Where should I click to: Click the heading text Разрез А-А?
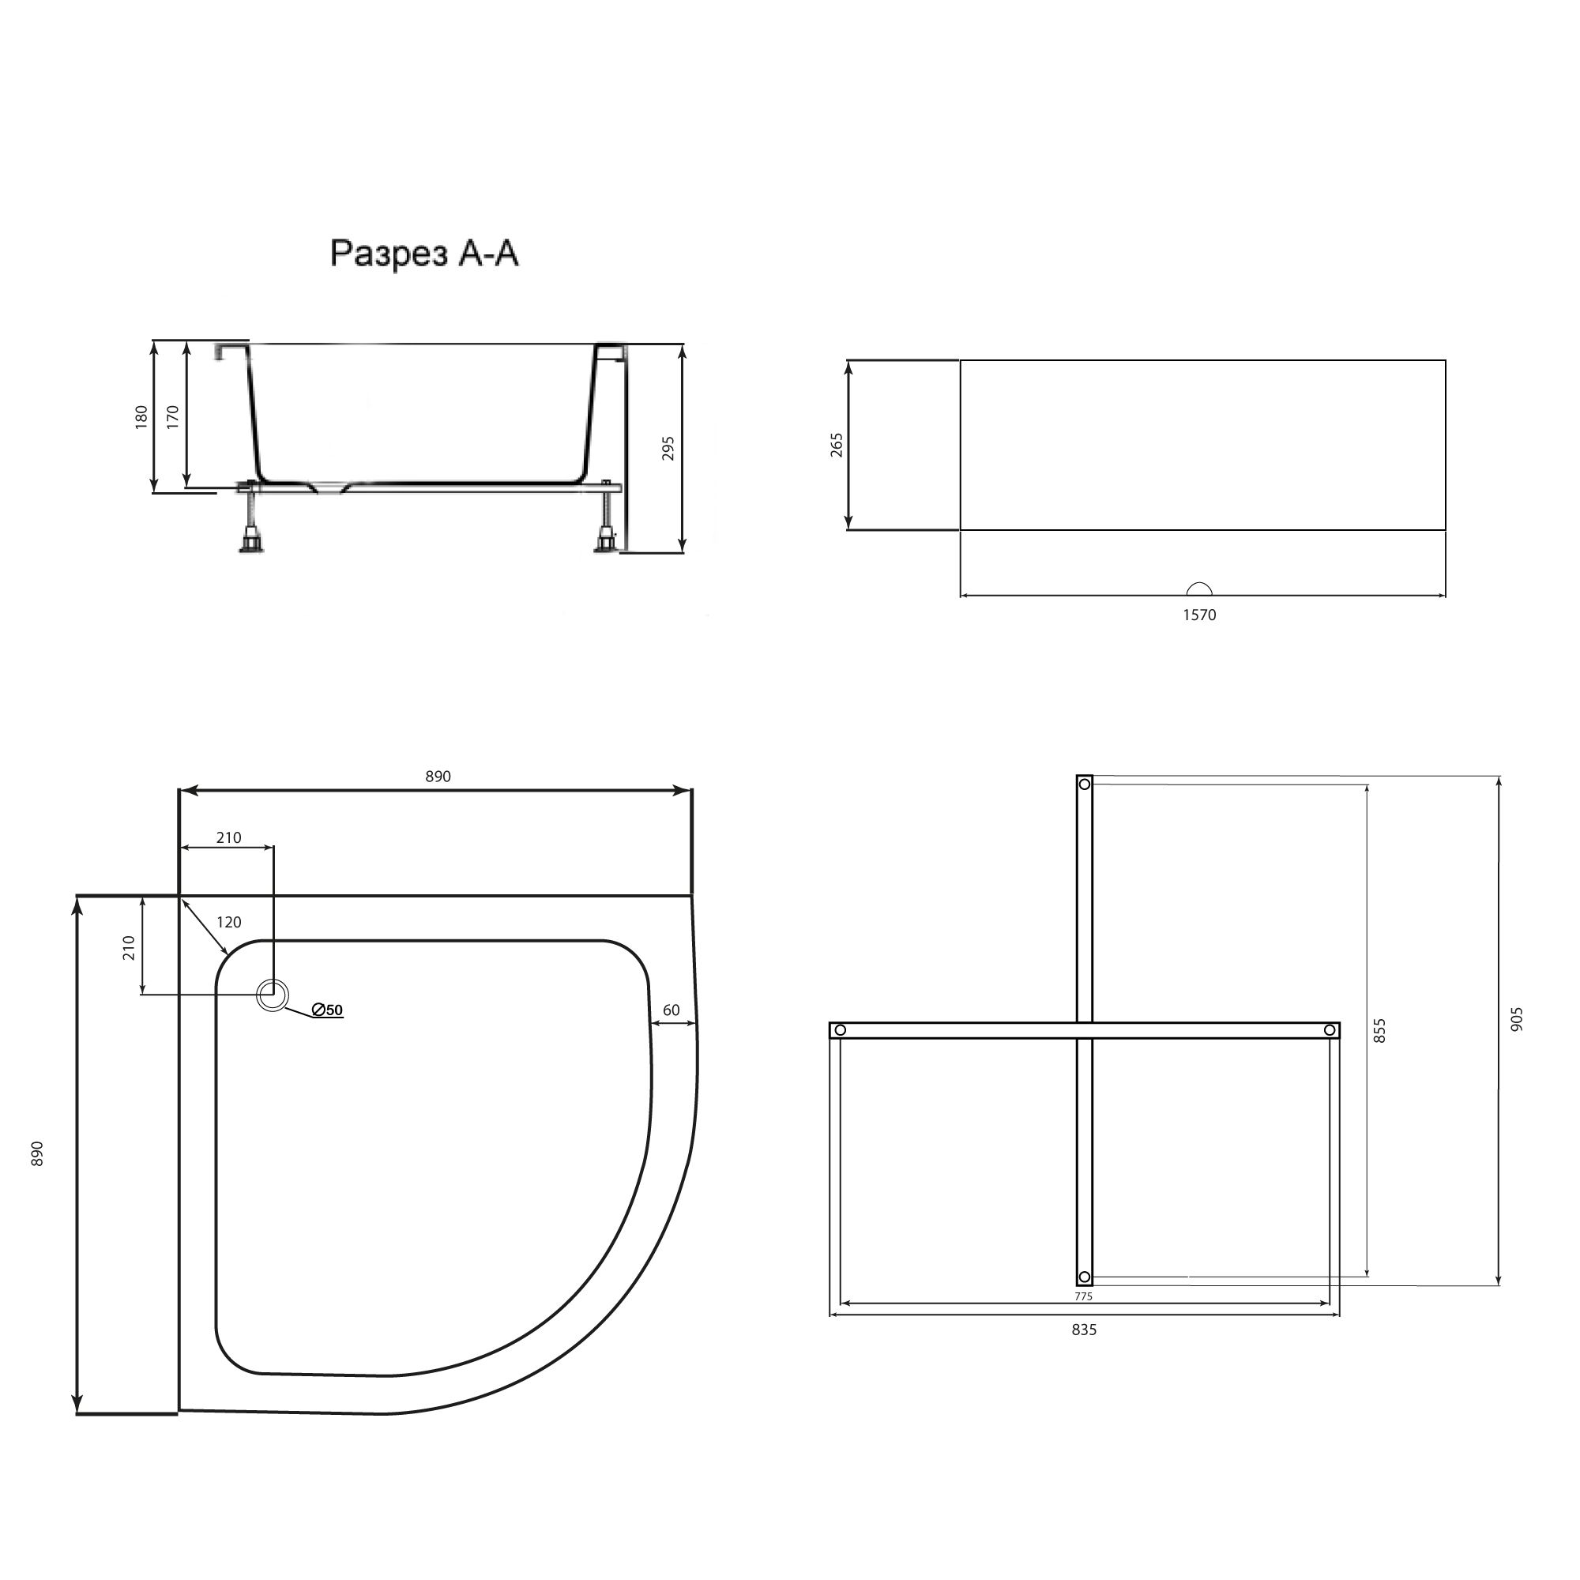(424, 254)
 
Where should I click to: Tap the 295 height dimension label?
(668, 448)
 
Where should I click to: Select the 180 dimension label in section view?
(141, 416)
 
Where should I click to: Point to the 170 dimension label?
(172, 416)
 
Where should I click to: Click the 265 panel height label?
(837, 445)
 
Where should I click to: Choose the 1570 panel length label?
(1200, 615)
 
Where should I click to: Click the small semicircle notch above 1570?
(1200, 589)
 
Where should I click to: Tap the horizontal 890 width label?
(438, 777)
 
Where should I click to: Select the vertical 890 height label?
(37, 1154)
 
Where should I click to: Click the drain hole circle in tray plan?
(273, 995)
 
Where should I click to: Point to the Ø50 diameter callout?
(327, 1011)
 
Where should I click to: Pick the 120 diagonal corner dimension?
(228, 923)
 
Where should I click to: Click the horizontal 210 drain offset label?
(229, 838)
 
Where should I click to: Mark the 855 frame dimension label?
(1380, 1030)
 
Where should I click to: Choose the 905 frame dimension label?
(1518, 1019)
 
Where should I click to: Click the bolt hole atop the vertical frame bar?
(1085, 785)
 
